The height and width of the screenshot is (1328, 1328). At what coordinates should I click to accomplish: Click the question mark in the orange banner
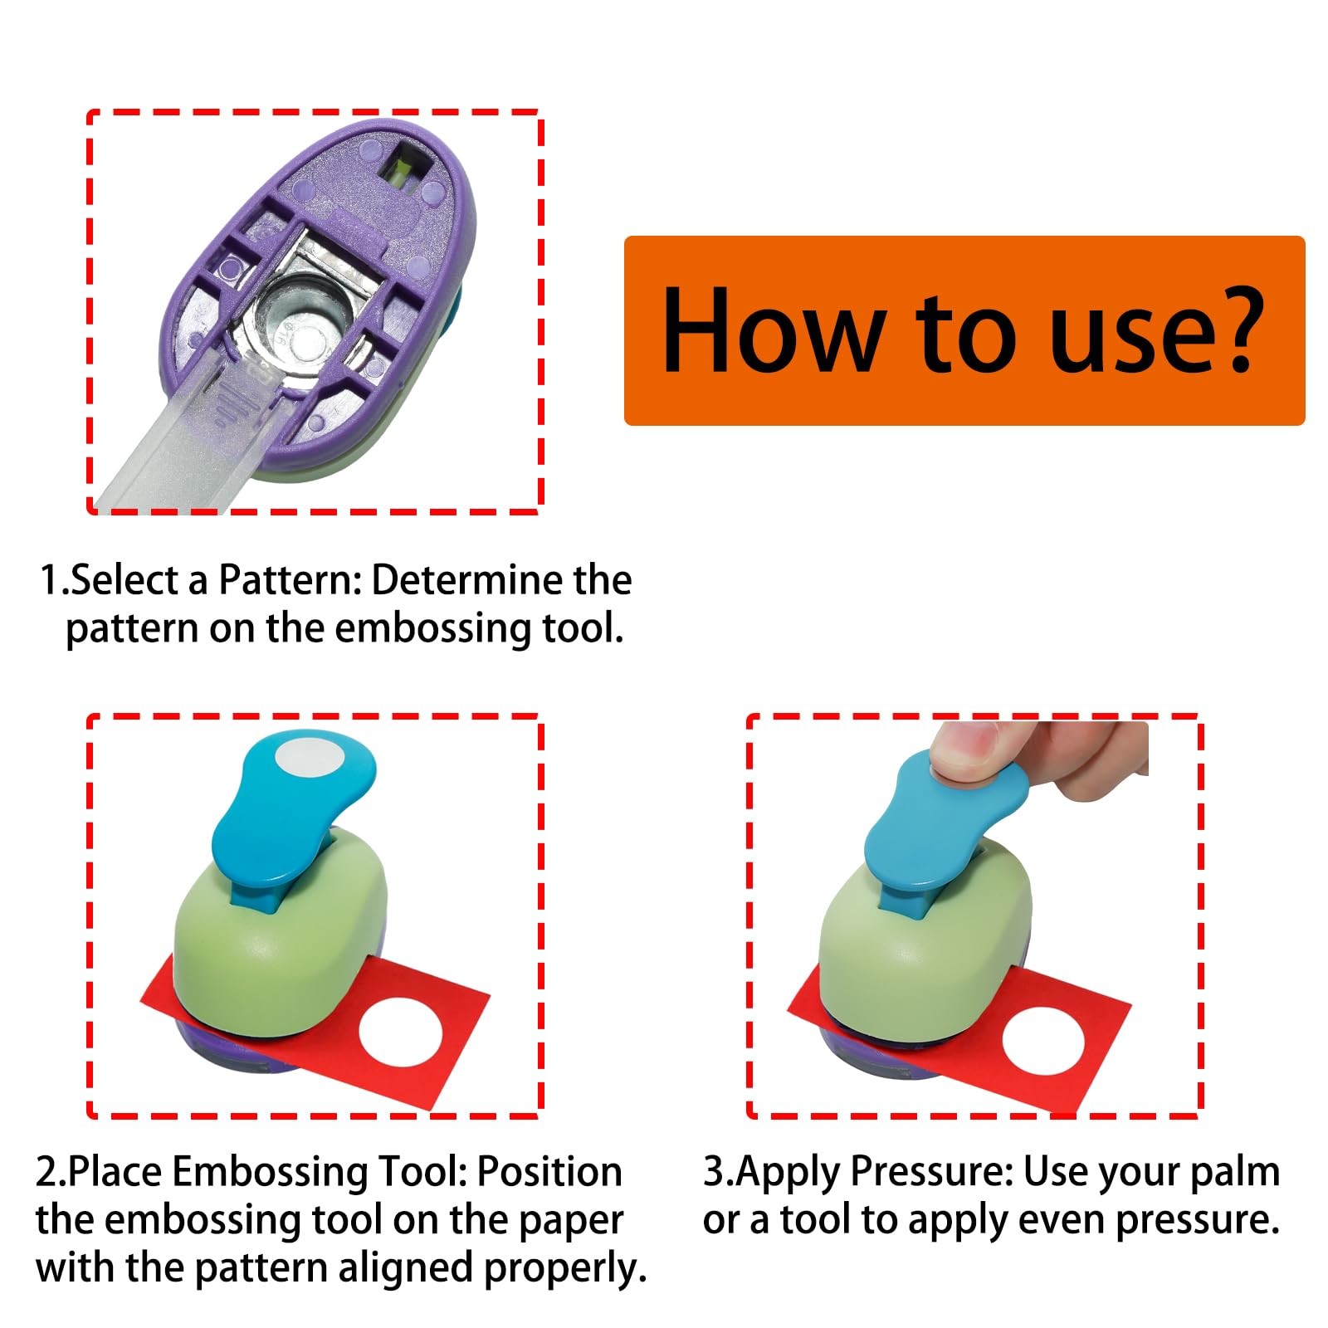(x=1227, y=330)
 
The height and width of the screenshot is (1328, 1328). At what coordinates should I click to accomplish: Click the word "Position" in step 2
(x=549, y=1172)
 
